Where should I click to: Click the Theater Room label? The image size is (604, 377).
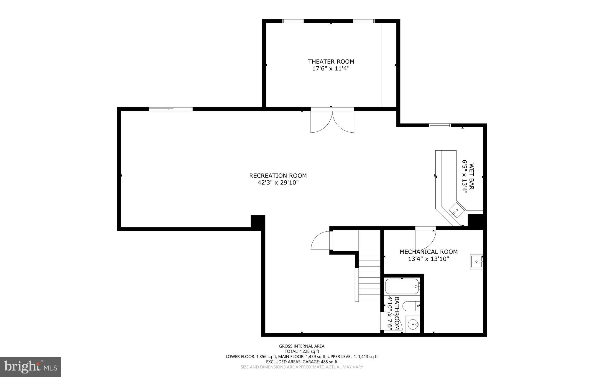[x=331, y=62]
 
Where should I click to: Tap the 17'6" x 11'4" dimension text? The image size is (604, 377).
[x=331, y=69]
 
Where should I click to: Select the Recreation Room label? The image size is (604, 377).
[x=278, y=176]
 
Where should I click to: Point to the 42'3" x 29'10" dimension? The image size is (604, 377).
[x=278, y=183]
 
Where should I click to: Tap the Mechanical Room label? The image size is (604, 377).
[x=428, y=252]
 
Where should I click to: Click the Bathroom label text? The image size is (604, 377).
[x=397, y=313]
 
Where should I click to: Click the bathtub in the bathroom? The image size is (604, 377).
[x=402, y=286]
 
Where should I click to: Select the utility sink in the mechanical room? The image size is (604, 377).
[x=476, y=261]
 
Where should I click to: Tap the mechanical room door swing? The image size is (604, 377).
[x=425, y=239]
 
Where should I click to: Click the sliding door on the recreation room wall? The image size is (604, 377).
[x=170, y=109]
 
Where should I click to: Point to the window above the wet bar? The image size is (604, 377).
[x=440, y=125]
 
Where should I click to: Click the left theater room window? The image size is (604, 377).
[x=293, y=21]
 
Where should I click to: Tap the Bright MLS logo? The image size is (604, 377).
[x=31, y=367]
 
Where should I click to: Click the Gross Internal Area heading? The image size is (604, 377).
[x=301, y=346]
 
